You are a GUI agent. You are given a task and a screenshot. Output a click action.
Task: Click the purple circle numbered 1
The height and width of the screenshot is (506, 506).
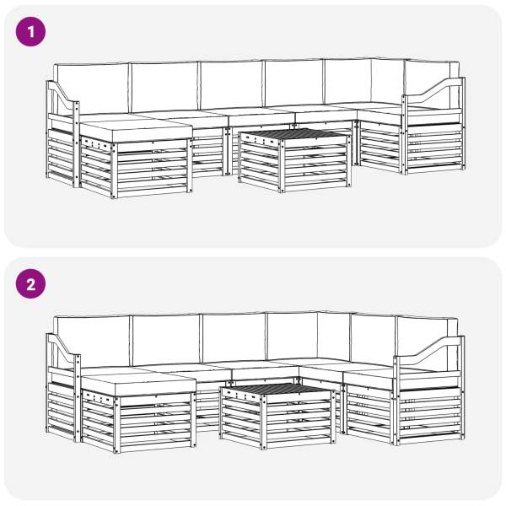tap(30, 32)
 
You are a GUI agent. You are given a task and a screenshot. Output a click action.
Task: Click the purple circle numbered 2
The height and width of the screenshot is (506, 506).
tap(30, 284)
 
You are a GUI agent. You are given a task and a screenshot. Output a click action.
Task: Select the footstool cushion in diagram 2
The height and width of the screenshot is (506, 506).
tap(139, 385)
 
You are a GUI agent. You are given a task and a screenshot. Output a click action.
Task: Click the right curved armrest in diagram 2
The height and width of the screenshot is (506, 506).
tap(429, 347)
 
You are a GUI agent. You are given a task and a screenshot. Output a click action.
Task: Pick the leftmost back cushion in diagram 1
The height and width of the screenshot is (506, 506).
tap(91, 88)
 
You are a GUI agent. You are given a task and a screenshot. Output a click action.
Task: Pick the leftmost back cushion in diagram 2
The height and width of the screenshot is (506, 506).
tap(92, 342)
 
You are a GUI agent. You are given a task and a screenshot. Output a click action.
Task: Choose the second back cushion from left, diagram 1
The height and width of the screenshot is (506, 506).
tap(164, 87)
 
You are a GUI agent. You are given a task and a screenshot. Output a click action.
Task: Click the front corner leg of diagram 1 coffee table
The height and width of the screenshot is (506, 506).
tap(282, 167)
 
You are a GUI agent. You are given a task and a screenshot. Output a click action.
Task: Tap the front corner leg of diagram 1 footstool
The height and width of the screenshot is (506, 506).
tap(114, 170)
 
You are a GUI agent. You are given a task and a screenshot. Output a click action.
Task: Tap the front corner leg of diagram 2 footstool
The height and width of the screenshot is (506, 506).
tap(117, 425)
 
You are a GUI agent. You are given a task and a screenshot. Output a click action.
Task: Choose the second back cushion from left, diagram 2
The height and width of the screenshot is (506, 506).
tap(166, 340)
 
